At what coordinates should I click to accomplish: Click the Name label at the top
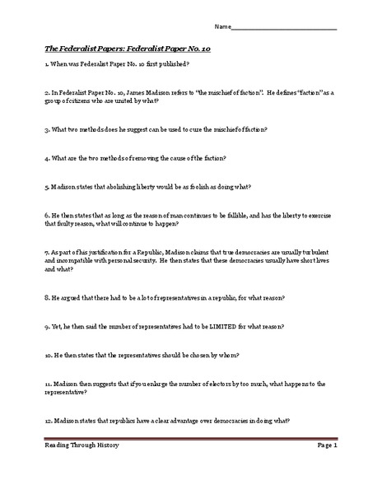(x=221, y=28)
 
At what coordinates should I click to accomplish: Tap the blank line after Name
(x=283, y=30)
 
